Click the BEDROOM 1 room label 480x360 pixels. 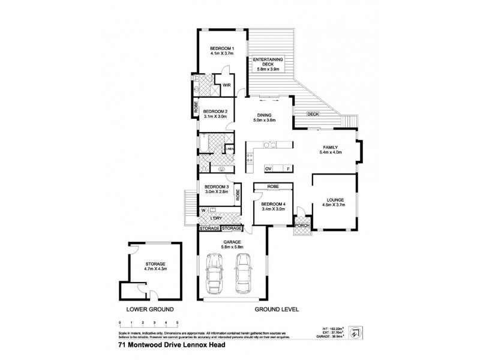(221, 48)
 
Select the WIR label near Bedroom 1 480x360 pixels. (227, 86)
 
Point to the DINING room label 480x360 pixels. (265, 115)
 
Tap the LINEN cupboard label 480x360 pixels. (230, 148)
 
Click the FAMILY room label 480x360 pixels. (330, 147)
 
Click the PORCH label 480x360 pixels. (300, 226)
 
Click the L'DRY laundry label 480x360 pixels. (217, 217)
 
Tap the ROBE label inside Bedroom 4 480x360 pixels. (273, 187)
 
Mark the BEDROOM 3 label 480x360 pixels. (216, 187)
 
